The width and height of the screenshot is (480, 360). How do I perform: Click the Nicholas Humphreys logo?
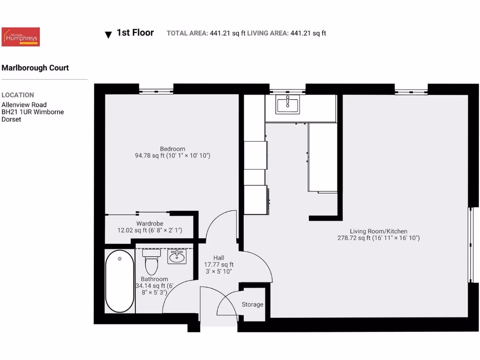click(21, 37)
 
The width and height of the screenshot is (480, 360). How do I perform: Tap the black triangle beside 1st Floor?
click(108, 35)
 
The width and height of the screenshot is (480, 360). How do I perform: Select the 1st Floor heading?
click(135, 32)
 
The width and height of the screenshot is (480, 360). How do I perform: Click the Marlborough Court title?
click(35, 67)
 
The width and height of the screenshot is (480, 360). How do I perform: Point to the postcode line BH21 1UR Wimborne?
click(33, 112)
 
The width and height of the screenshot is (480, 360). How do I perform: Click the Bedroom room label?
click(172, 149)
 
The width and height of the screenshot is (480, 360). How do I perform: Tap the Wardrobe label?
click(149, 224)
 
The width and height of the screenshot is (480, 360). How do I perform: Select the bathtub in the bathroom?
click(120, 281)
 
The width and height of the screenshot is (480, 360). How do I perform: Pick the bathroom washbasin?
click(177, 256)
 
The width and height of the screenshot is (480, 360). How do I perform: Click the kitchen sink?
click(288, 105)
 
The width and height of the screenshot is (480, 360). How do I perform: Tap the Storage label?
click(252, 305)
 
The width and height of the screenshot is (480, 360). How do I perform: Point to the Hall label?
click(218, 258)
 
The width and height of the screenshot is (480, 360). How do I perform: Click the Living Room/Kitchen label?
click(378, 231)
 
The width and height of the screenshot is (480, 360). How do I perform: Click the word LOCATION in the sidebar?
click(18, 95)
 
